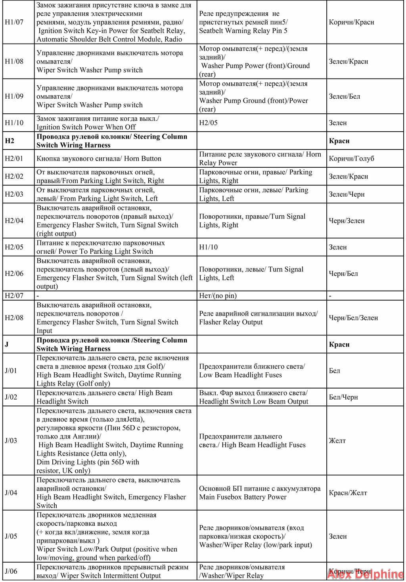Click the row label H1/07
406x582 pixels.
(14, 22)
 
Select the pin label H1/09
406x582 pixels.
(14, 96)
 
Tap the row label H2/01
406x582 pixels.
(14, 159)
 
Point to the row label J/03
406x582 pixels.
(11, 440)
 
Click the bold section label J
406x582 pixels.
(7, 344)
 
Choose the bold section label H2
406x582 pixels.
(10, 141)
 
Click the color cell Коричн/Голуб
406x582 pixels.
(351, 159)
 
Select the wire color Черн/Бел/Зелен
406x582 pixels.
(353, 318)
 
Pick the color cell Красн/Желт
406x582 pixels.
(348, 493)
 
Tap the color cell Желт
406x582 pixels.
(337, 440)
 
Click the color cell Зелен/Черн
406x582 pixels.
(347, 194)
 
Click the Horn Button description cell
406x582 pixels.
(99, 159)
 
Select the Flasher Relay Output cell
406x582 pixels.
(258, 318)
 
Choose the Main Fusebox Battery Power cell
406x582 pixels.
(259, 493)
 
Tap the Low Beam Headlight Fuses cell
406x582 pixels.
(252, 371)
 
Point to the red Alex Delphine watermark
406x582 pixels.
(365, 574)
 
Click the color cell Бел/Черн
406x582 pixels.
(343, 397)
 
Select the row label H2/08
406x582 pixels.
(14, 318)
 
